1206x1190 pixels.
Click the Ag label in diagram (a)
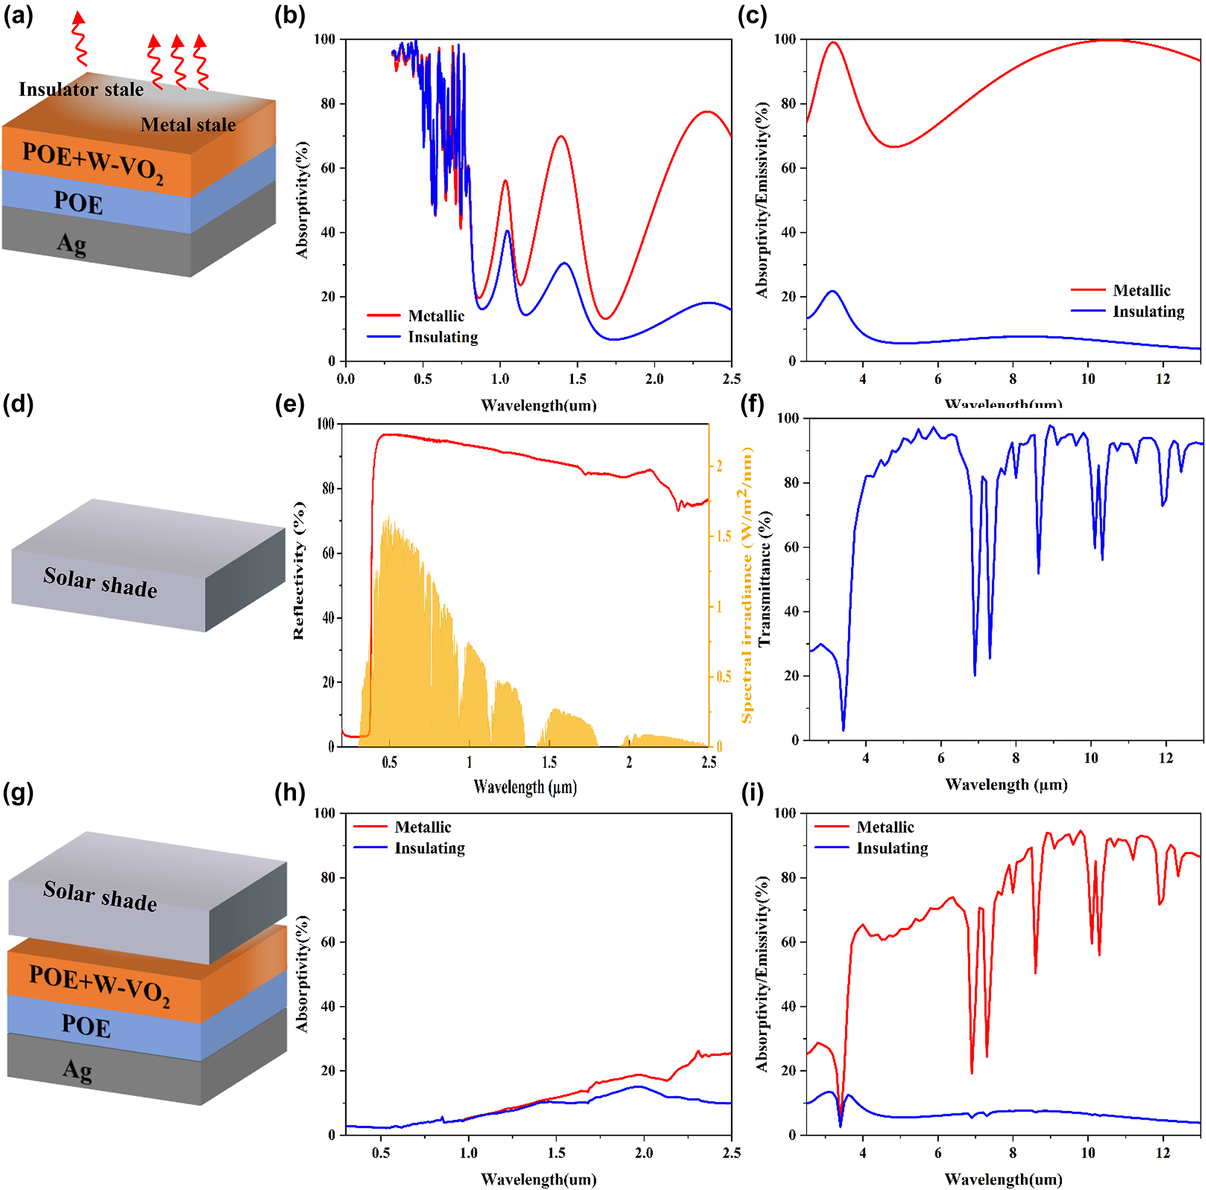pyautogui.click(x=72, y=244)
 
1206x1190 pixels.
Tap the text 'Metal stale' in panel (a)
pyautogui.click(x=188, y=125)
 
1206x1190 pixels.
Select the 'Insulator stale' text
pyautogui.click(x=81, y=89)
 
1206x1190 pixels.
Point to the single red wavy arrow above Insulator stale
pyautogui.click(x=80, y=39)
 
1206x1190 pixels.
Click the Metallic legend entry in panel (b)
pyautogui.click(x=435, y=316)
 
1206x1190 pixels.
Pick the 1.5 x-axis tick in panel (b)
pyautogui.click(x=577, y=379)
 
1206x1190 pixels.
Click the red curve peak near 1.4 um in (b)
pyautogui.click(x=561, y=136)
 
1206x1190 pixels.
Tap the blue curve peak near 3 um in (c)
pyautogui.click(x=832, y=291)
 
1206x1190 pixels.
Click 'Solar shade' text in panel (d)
pyautogui.click(x=100, y=582)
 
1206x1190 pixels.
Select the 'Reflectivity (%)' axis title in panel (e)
pyautogui.click(x=299, y=570)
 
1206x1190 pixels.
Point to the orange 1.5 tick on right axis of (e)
pyautogui.click(x=723, y=537)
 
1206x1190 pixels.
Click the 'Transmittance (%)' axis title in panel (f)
pyautogui.click(x=765, y=578)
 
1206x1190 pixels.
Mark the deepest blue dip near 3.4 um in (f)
pyautogui.click(x=843, y=729)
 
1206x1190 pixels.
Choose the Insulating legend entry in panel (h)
pyautogui.click(x=429, y=848)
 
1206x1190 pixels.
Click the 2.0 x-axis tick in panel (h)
pyautogui.click(x=644, y=1153)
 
